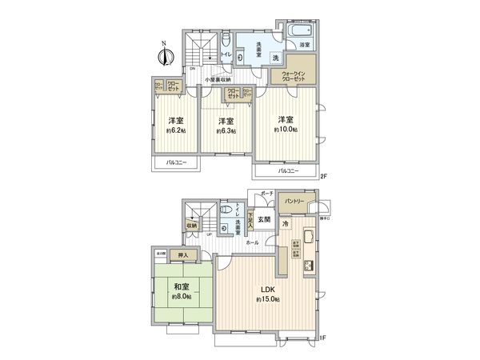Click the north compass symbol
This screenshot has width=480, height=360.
(x=166, y=55)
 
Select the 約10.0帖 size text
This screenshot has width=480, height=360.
(x=285, y=129)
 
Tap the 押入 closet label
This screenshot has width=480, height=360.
(x=183, y=256)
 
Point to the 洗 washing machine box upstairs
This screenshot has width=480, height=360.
(x=274, y=58)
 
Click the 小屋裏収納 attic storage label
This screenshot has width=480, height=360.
(x=218, y=79)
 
